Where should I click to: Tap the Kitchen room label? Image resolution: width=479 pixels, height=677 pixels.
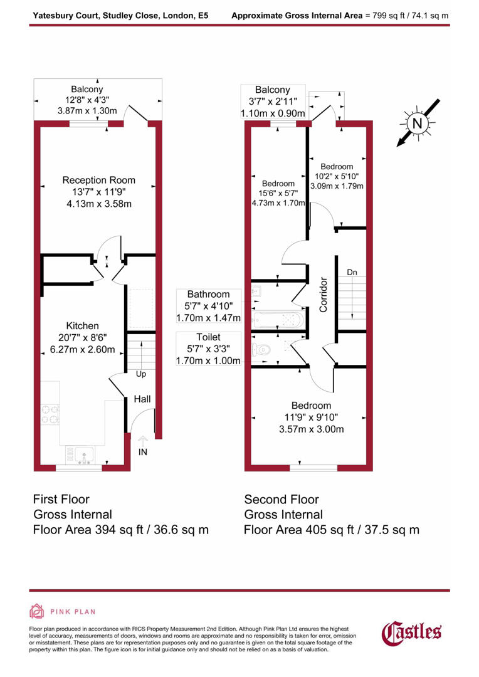point(83,326)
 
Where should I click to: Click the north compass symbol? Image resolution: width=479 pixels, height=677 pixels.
point(416,123)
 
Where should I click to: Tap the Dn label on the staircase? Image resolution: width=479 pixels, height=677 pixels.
point(352,273)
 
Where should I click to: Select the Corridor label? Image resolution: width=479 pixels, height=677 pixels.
point(324,295)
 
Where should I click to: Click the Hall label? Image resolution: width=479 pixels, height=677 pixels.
point(142,399)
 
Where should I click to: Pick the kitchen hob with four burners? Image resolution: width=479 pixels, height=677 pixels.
point(50,415)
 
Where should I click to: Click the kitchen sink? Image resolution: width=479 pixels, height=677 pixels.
point(82,453)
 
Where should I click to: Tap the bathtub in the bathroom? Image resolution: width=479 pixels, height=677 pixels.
point(278,320)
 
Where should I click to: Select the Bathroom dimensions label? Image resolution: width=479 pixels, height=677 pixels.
point(209,305)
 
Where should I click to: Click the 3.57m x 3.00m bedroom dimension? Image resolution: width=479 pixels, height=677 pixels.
point(312,429)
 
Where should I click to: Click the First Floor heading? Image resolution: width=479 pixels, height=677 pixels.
point(61,500)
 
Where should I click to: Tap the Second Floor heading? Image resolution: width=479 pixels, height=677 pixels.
point(282,500)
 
